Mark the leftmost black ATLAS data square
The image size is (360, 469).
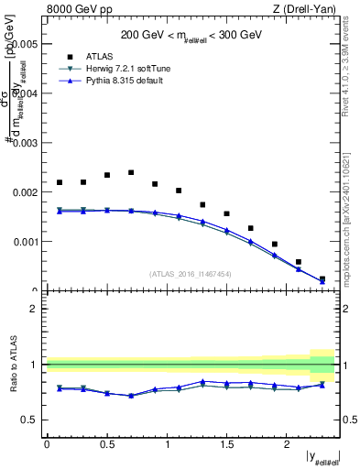60,182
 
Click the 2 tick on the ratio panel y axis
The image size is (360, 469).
34,309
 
